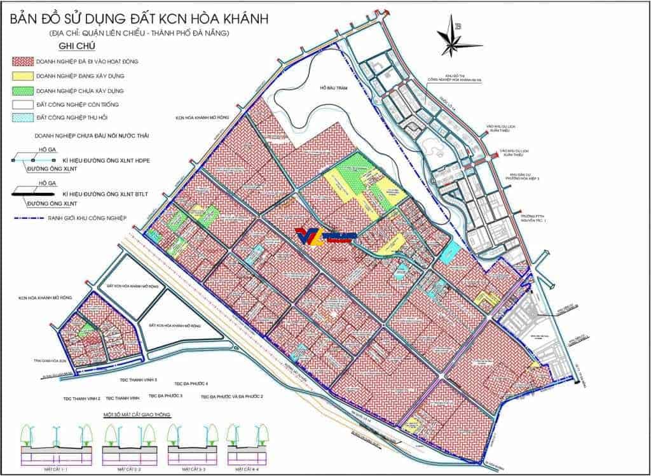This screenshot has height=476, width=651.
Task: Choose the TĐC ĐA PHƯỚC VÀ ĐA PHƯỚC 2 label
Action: (x=231, y=396)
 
